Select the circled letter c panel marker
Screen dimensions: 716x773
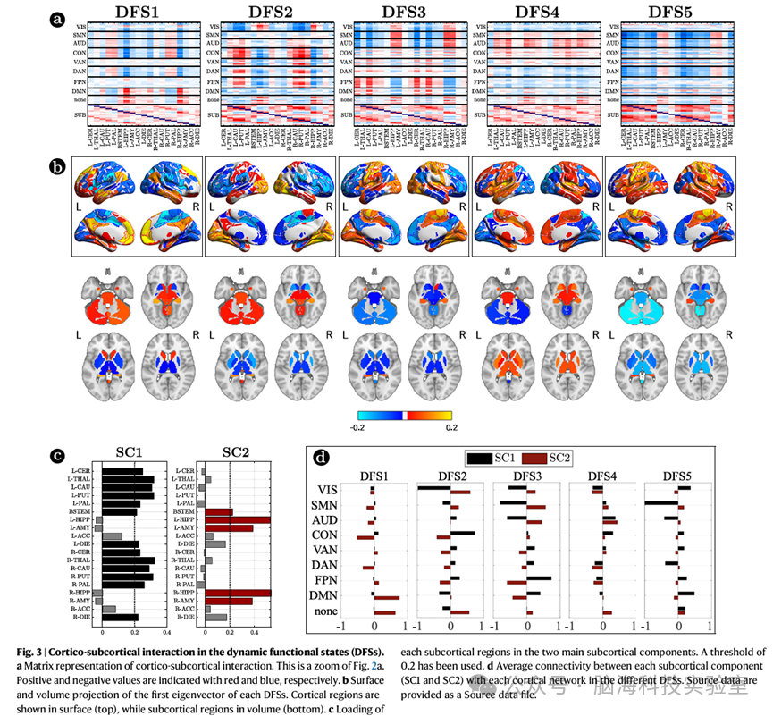(58, 454)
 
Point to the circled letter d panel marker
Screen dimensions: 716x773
(323, 458)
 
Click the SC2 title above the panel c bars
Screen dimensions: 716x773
(237, 452)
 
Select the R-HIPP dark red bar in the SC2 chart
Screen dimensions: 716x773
(238, 593)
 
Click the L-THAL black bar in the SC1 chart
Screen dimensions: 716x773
(128, 479)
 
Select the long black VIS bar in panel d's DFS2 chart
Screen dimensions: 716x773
(433, 489)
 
